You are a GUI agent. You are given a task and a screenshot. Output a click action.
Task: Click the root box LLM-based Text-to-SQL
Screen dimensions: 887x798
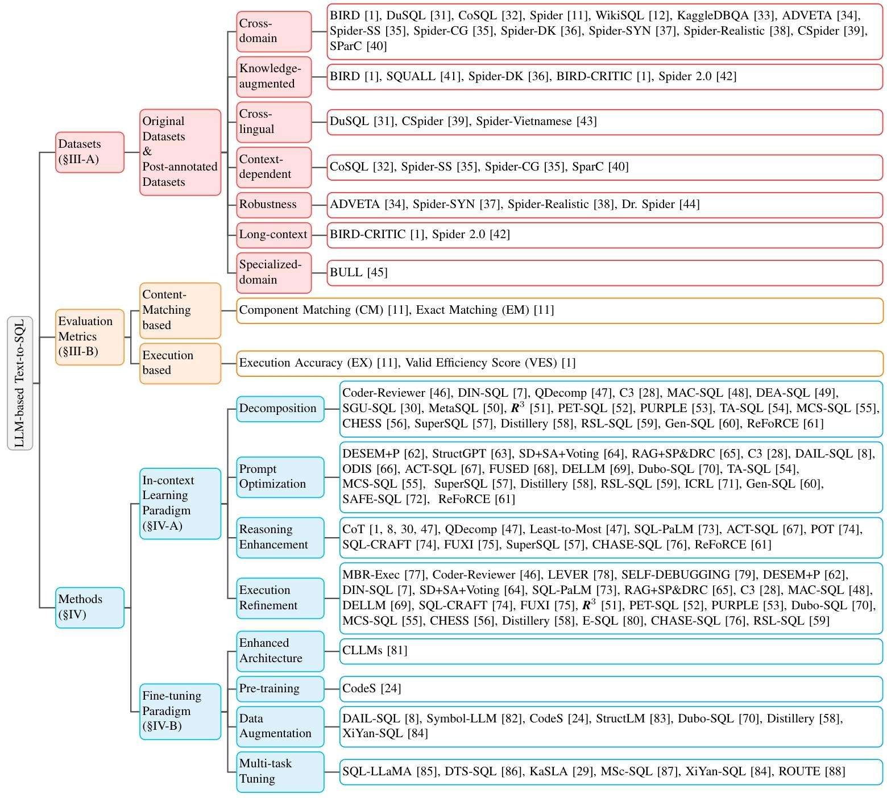click(x=20, y=383)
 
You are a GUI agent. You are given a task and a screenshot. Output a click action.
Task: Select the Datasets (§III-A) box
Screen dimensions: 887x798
click(x=89, y=152)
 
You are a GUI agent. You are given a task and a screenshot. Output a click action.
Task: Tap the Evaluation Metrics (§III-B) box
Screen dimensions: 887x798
click(x=89, y=336)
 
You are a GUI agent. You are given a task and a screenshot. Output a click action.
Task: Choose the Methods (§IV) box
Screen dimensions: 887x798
click(x=89, y=607)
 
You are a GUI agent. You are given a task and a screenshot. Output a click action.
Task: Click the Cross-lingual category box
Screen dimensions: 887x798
click(x=273, y=122)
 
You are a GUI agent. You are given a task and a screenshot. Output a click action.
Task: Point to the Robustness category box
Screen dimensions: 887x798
click(x=273, y=205)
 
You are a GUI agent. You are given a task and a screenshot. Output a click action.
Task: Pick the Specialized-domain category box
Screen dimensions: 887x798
click(x=273, y=272)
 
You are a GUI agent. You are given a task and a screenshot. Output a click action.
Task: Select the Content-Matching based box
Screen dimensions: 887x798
click(x=180, y=310)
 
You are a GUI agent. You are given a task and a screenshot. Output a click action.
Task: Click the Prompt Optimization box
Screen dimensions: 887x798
click(x=280, y=477)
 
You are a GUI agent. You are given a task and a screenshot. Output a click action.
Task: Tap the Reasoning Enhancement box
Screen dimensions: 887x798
click(x=280, y=537)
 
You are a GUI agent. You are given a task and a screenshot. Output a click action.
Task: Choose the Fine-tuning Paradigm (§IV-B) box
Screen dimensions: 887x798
click(x=180, y=711)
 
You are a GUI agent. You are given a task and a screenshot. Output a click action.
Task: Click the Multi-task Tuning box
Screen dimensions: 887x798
click(x=280, y=771)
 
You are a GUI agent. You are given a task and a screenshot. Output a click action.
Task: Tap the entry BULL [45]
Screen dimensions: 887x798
click(x=358, y=272)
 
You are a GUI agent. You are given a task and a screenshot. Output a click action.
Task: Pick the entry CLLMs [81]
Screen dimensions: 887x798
click(x=374, y=650)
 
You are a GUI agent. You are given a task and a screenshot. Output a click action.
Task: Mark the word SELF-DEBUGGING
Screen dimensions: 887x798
click(x=675, y=575)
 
